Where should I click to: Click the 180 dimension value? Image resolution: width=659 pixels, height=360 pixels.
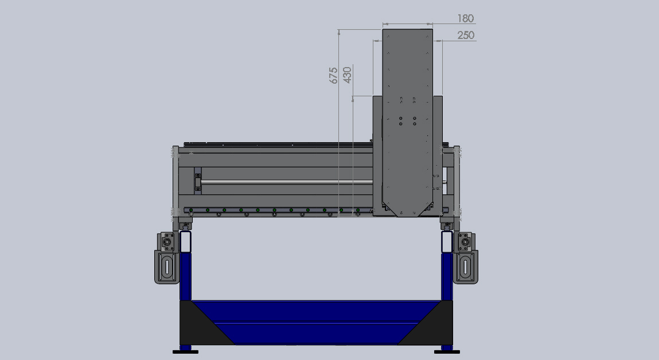465,18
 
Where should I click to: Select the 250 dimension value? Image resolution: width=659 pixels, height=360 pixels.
466,36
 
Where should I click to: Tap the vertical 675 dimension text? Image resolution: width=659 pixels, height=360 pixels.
333,75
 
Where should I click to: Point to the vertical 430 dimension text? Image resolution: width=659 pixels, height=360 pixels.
347,75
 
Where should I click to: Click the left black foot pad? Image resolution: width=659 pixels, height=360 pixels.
185,352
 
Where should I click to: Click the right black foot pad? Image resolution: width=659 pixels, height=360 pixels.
447,352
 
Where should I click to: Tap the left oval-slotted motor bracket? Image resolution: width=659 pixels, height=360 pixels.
167,267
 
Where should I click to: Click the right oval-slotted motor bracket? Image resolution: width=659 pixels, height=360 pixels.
465,267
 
